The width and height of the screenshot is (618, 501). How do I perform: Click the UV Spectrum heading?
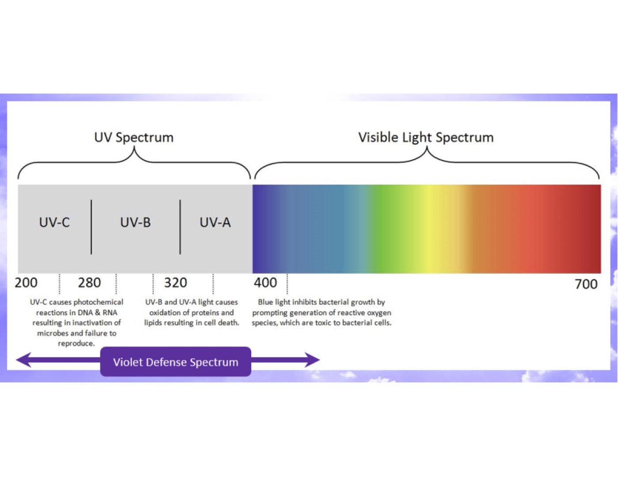[x=134, y=138]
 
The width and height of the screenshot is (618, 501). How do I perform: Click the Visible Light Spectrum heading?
[x=426, y=138]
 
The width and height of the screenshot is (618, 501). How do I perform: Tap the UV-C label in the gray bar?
[x=55, y=222]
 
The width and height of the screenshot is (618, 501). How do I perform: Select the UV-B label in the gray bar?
[x=136, y=222]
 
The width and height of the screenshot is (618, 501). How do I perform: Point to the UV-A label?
[x=215, y=222]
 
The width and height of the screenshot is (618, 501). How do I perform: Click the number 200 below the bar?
[x=26, y=283]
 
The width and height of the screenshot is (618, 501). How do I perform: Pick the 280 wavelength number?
[x=89, y=283]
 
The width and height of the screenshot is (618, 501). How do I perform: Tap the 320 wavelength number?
[x=176, y=283]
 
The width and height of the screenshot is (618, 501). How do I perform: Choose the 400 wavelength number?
[x=265, y=283]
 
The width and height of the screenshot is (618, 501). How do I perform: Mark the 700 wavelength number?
[x=586, y=284]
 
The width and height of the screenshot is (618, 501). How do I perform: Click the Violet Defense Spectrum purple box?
[x=176, y=362]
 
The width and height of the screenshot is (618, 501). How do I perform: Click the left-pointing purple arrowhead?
[x=24, y=360]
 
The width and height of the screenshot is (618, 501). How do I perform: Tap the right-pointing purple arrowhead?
[x=312, y=360]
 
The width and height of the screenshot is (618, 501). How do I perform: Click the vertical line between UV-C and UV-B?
[x=91, y=227]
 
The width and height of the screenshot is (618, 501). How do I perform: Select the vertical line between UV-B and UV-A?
[x=180, y=227]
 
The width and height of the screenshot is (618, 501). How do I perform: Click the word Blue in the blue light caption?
[x=265, y=302]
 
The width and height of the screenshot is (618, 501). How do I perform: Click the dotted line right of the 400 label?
[x=287, y=284]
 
